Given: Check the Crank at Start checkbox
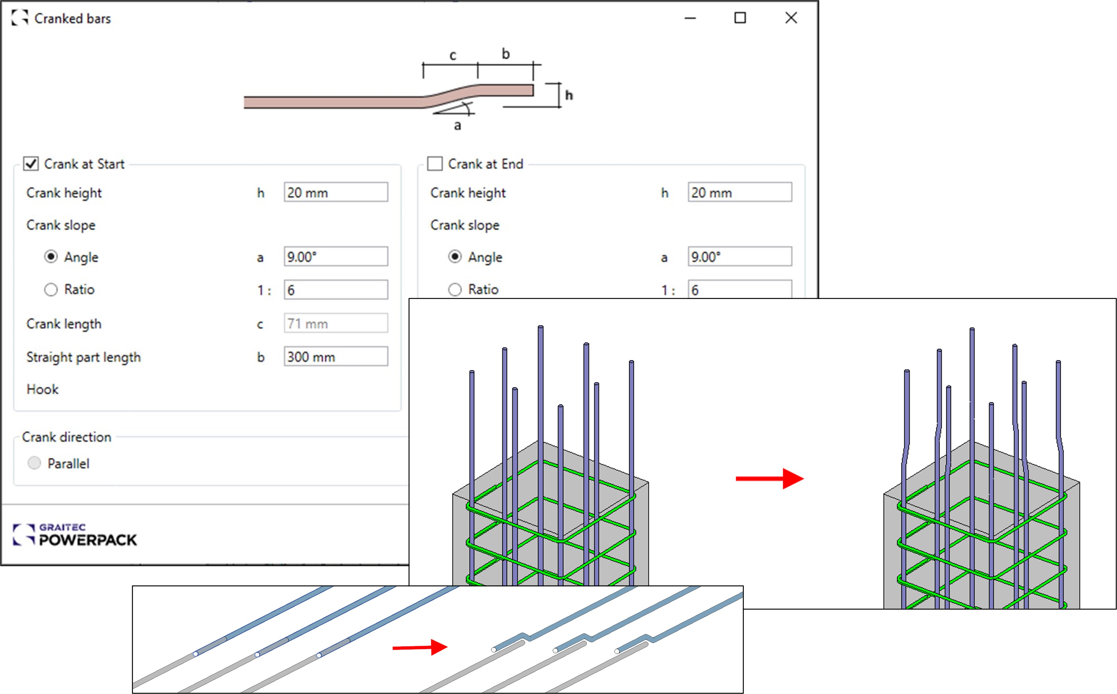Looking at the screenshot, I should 31,164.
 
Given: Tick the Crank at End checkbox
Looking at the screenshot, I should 434,164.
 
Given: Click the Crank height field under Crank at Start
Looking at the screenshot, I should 336,192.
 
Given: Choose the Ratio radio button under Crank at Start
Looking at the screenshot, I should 51,290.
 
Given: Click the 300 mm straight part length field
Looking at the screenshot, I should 336,357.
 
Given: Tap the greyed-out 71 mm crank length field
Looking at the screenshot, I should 336,324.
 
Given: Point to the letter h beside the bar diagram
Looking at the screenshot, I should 569,95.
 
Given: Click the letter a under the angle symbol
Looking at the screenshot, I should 457,125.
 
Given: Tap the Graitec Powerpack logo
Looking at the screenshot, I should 75,535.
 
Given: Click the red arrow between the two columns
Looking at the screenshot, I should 769,479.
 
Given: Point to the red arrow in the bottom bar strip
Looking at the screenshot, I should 420,647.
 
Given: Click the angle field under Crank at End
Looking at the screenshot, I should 739,256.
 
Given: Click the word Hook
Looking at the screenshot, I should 43,389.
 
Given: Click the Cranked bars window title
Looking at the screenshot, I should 73,18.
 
